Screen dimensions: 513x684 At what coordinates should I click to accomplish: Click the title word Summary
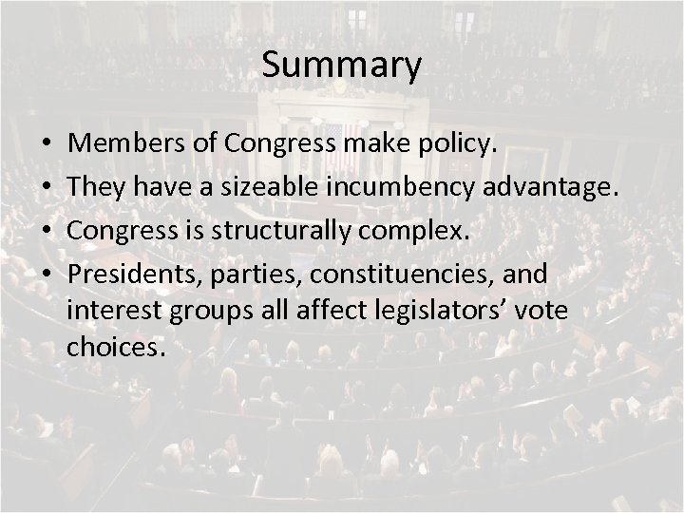pos(341,66)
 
